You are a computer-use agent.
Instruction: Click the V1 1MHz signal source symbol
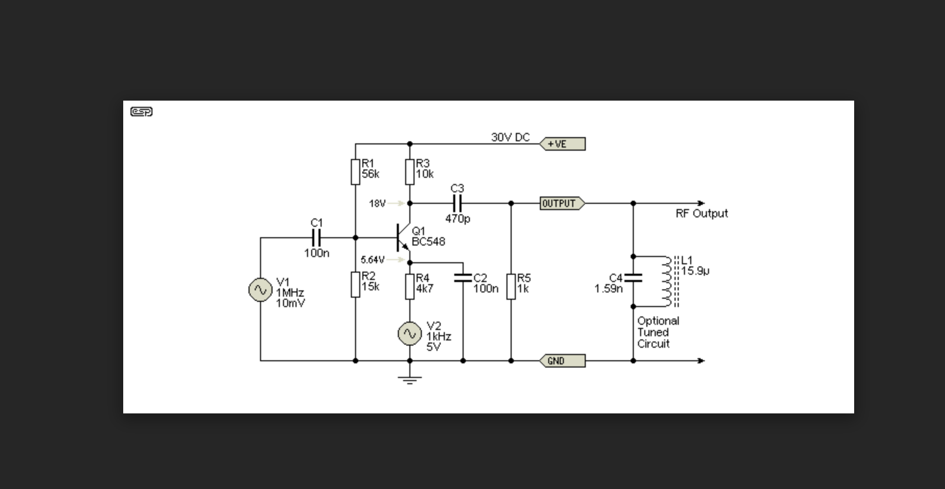pos(260,290)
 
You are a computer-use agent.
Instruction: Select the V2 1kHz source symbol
pos(410,334)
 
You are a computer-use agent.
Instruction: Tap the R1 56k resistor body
pos(356,172)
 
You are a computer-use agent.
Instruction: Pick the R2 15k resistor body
pos(356,285)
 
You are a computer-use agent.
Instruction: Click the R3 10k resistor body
pos(410,172)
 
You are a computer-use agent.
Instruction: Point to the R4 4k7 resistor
pos(410,287)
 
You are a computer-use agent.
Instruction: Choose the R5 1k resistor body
pos(511,287)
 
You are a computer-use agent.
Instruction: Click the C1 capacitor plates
pos(316,238)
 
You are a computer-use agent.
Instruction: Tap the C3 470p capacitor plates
pos(457,203)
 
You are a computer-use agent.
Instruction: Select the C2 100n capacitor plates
pos(463,278)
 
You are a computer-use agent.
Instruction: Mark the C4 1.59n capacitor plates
pos(633,277)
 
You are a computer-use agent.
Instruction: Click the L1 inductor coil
pos(668,282)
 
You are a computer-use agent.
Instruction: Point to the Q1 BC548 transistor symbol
pos(403,238)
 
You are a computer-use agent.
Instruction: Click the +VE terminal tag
pos(562,144)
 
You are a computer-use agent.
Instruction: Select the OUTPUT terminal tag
pos(562,203)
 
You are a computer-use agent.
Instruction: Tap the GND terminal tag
pos(562,361)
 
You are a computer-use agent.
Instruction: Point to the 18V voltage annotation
pos(377,203)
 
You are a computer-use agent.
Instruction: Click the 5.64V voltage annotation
pos(372,260)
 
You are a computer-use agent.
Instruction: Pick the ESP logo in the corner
pos(141,112)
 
